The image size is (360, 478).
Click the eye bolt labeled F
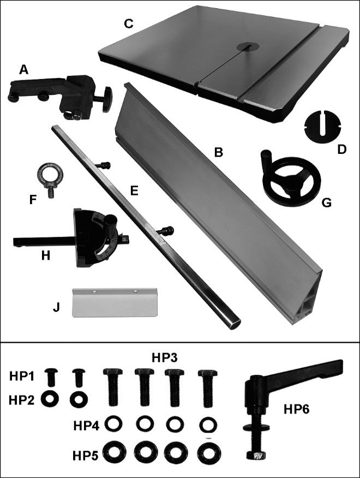pos(50,175)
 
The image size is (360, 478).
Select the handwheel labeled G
pos(291,181)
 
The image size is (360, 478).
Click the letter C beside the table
pos(129,24)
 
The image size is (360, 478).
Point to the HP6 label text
pos(296,409)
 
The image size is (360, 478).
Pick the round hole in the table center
pos(249,46)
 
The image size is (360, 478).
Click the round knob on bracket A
pos(107,99)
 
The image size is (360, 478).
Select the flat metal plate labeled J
pos(115,302)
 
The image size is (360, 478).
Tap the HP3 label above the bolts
pos(165,358)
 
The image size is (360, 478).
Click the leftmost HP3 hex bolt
pos(113,387)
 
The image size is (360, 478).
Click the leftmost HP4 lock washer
pos(113,423)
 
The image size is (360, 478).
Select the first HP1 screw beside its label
pos(52,377)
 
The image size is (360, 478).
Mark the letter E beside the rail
pos(134,191)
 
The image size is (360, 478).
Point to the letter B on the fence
pos(218,152)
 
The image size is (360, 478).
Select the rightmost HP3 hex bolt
pos(208,388)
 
